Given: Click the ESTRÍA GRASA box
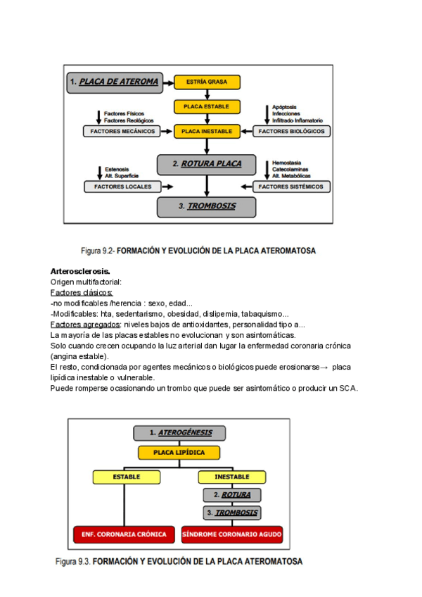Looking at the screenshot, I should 207,82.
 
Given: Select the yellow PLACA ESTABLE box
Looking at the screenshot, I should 207,107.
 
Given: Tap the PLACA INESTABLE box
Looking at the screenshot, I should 207,131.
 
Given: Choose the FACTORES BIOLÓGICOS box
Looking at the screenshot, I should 291,131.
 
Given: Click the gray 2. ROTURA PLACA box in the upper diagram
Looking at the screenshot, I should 206,164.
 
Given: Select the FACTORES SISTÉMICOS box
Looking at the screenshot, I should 291,187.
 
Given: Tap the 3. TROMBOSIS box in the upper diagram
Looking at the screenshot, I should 206,206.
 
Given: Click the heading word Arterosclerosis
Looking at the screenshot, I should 80,271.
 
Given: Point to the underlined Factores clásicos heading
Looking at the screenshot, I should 82,292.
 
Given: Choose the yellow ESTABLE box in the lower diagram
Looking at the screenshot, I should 127,477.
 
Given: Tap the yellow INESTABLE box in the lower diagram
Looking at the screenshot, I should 232,477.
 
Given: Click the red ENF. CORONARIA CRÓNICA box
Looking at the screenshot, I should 124,534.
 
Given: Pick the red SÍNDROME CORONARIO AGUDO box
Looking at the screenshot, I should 232,534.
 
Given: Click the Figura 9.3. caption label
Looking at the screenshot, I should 73,562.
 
